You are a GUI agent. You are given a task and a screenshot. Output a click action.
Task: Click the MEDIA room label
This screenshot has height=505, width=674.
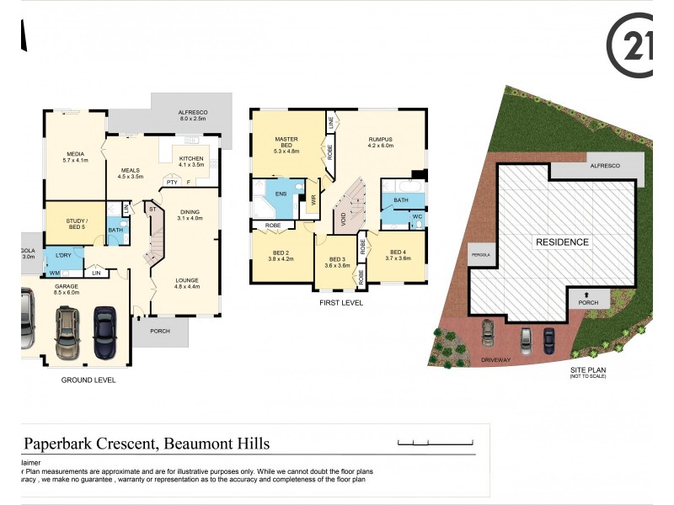(75, 154)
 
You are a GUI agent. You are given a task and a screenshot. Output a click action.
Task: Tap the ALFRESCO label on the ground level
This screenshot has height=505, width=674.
(192, 113)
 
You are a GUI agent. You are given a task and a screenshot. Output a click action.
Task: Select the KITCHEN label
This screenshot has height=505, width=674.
(190, 158)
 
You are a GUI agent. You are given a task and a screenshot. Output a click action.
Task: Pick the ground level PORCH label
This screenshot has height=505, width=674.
(159, 331)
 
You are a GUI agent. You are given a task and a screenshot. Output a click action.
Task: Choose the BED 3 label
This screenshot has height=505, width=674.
(337, 259)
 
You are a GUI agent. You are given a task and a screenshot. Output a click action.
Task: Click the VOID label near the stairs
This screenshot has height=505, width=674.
(343, 217)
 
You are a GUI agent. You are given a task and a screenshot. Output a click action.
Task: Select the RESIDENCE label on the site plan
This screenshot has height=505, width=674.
(563, 242)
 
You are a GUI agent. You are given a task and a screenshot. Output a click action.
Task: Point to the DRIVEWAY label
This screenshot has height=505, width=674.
(495, 359)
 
